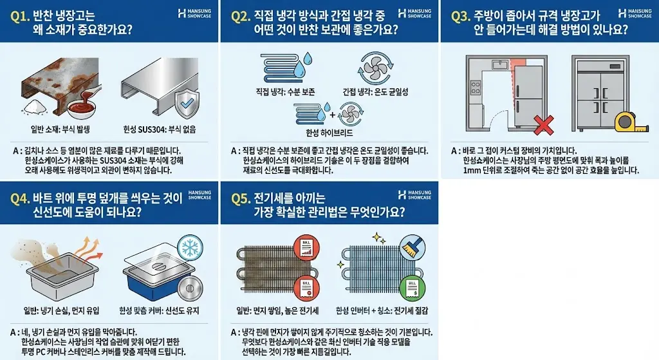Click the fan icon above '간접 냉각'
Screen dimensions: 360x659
pyautogui.click(x=375, y=66)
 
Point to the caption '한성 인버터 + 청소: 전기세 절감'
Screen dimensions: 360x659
pyautogui.click(x=384, y=311)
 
